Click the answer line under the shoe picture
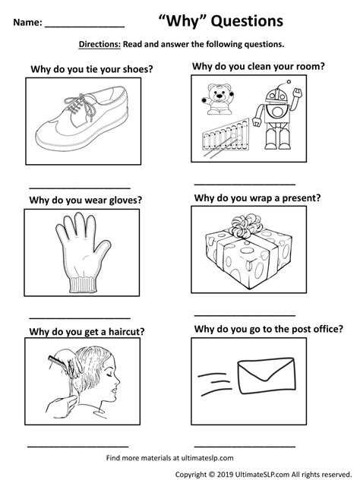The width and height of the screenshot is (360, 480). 79,188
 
